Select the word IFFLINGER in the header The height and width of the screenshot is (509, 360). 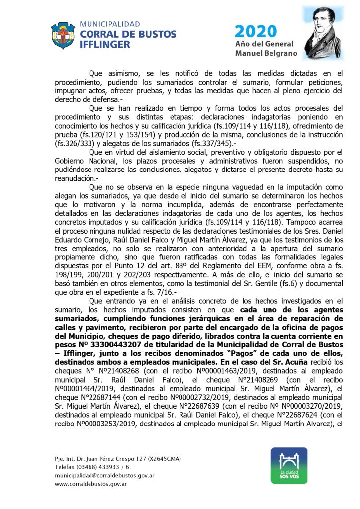point(105,44)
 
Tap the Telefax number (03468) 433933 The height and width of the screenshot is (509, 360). point(104,466)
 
